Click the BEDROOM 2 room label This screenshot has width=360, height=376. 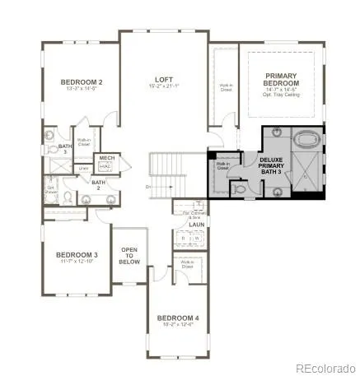(82, 82)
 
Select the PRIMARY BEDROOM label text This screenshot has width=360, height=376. (281, 79)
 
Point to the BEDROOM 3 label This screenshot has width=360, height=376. (77, 255)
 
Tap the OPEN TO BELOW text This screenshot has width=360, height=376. (130, 256)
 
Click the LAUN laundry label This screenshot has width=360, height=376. (196, 224)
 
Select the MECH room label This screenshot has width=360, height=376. (107, 157)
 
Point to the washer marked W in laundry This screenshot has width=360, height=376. (195, 239)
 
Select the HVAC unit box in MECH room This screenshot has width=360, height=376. (107, 165)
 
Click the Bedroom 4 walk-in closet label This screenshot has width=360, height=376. (187, 265)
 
